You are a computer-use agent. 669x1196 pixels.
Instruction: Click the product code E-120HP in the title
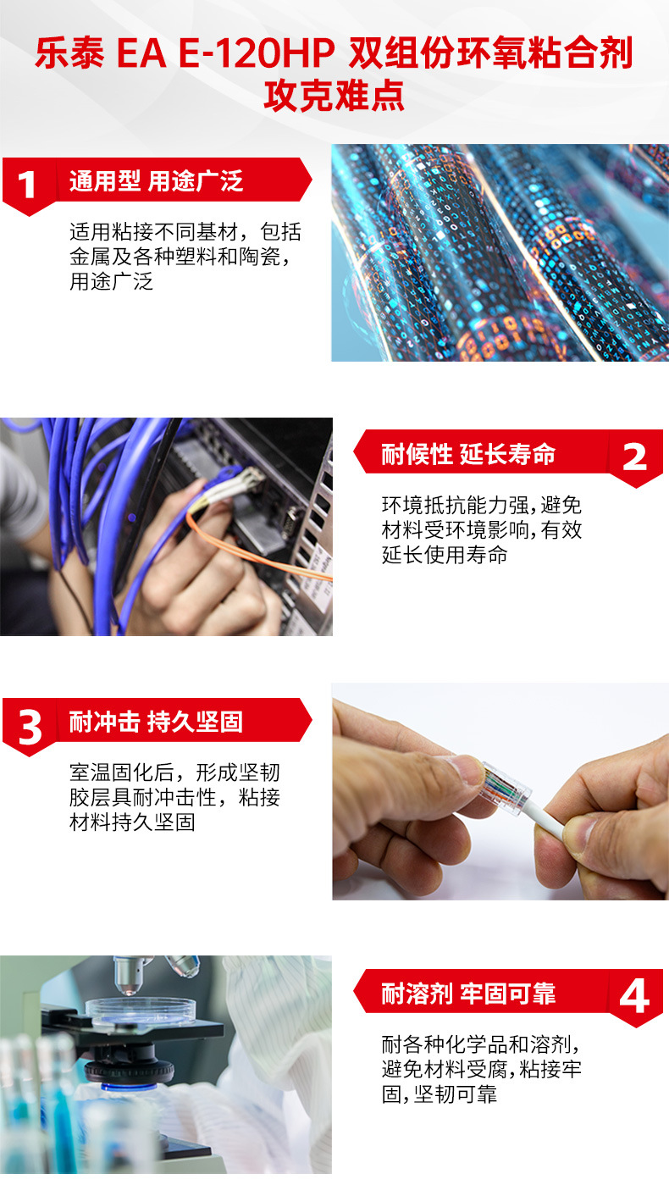(257, 53)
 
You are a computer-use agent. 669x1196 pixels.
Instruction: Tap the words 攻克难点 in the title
(334, 96)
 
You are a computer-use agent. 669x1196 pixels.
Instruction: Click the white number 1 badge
(26, 185)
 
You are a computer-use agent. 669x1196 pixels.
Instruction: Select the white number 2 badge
(634, 457)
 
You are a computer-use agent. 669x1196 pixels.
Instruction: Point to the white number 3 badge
(30, 728)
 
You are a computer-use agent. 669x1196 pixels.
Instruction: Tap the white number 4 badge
(634, 997)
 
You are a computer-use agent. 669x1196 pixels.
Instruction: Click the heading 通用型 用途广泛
(156, 181)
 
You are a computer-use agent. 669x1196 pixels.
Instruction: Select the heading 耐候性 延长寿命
(468, 454)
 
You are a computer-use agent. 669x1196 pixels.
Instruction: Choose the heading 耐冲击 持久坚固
(156, 722)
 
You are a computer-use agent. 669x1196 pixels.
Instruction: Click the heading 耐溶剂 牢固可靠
(468, 994)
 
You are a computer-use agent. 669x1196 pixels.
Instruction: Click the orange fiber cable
(251, 550)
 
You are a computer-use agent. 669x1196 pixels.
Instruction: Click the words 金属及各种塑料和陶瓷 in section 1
(175, 257)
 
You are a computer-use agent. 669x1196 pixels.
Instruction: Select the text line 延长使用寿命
(445, 555)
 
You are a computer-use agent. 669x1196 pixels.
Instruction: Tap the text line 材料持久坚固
(132, 822)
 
